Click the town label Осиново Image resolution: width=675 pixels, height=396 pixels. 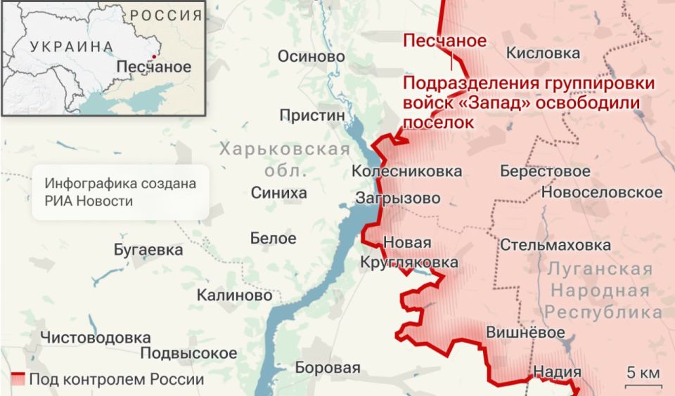(311, 57)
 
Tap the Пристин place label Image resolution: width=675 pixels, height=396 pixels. (312, 114)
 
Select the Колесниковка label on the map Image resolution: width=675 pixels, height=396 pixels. (406, 171)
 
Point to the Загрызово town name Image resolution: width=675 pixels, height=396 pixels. (398, 198)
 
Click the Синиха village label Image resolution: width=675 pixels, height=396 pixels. (279, 193)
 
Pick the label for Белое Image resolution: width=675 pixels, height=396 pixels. (274, 238)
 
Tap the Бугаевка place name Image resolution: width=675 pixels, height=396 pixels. (148, 250)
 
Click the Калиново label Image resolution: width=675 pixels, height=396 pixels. (234, 296)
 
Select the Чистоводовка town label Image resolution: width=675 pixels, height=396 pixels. (95, 338)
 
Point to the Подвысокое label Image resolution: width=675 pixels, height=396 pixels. (188, 352)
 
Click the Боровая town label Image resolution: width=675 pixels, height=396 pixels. (327, 367)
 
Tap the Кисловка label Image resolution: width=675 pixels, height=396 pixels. (543, 53)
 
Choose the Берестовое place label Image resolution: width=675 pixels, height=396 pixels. (545, 171)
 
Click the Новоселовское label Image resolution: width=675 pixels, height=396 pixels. (602, 192)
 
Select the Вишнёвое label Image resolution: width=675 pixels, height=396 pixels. (525, 332)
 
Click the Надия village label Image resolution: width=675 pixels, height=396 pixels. (558, 372)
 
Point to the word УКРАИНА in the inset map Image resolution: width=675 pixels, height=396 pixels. (71, 47)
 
